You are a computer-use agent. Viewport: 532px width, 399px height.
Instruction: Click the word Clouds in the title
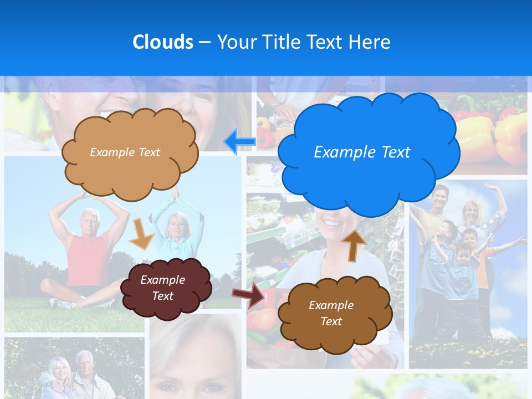pyautogui.click(x=163, y=42)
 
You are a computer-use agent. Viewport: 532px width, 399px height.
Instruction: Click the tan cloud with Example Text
pyautogui.click(x=129, y=153)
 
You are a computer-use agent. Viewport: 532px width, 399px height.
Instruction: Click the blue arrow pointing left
pyautogui.click(x=240, y=141)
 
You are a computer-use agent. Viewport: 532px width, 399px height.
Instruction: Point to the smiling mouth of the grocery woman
pyautogui.click(x=332, y=225)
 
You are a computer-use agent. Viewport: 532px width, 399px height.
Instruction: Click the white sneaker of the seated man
pyautogui.click(x=61, y=303)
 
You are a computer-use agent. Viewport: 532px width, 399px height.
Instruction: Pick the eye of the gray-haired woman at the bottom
pyautogui.click(x=212, y=388)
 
